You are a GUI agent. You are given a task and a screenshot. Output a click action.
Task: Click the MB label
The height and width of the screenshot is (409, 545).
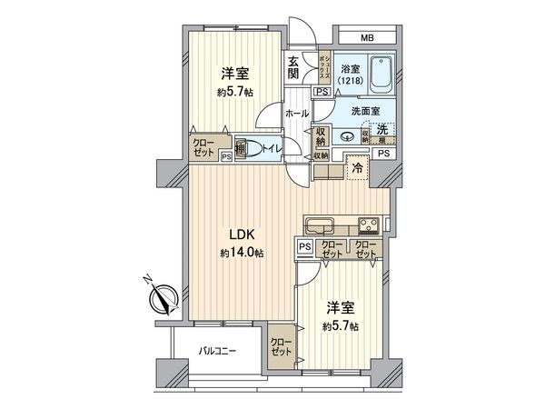tap(366, 37)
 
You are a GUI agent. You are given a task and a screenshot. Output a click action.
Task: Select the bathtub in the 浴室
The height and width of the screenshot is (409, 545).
tap(381, 72)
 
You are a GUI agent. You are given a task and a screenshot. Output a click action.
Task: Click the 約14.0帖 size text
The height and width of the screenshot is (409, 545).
tap(241, 254)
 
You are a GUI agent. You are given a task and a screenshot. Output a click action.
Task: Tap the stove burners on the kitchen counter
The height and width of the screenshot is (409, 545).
tap(370, 224)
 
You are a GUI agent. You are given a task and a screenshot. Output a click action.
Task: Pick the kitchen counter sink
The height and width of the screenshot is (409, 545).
tap(321, 224)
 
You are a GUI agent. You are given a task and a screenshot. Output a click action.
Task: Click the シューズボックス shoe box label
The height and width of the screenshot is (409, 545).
tap(324, 68)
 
